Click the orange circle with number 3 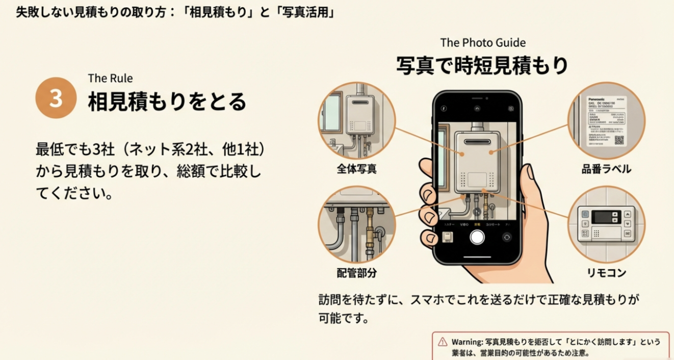(x=56, y=98)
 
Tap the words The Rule (x=110, y=78)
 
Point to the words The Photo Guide (x=483, y=43)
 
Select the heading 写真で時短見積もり (x=482, y=66)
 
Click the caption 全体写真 (x=356, y=169)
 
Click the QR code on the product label (x=619, y=140)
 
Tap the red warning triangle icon (x=443, y=342)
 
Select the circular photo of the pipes (x=356, y=225)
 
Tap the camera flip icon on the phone (x=506, y=237)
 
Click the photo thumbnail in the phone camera (x=448, y=238)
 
